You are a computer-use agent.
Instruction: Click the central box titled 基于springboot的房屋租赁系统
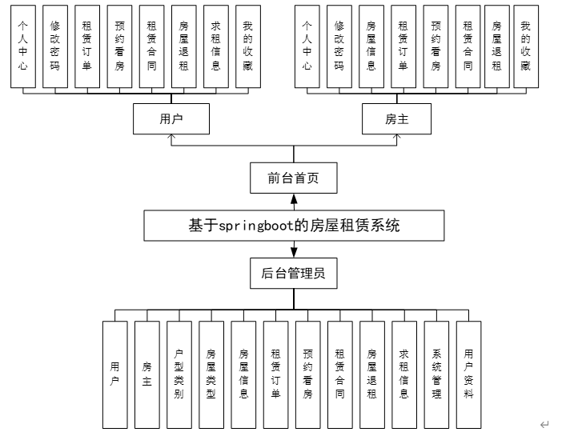pos(293,226)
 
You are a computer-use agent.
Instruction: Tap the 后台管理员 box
pos(293,274)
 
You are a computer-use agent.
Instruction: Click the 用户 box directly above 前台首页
pos(171,119)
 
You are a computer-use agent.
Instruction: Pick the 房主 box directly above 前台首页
pos(397,119)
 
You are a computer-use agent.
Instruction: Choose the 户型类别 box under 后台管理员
pos(179,374)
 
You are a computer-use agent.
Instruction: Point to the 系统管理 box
pos(436,374)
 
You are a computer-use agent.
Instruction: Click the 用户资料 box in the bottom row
pos(468,374)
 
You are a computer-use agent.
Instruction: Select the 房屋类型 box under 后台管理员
pos(211,374)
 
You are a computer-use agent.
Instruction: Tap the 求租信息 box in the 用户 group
pos(215,46)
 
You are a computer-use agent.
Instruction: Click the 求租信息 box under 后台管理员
pos(404,374)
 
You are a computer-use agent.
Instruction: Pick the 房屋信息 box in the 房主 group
pos(371,46)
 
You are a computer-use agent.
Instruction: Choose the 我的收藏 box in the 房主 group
pos(524,46)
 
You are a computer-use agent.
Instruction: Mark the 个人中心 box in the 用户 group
pos(23,46)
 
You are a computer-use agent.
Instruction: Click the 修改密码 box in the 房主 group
pos(339,46)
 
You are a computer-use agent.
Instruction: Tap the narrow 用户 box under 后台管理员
pos(115,374)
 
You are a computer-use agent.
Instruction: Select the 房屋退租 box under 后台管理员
pos(372,374)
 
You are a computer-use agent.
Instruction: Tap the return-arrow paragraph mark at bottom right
pos(544,425)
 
